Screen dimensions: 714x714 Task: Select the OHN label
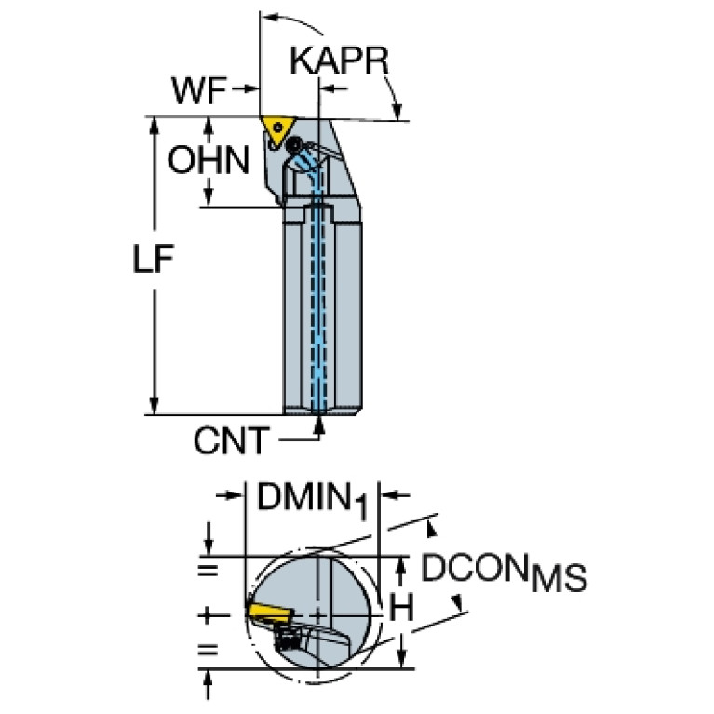pos(208,160)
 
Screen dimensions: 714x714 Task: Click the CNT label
pos(232,440)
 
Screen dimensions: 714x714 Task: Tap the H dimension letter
pos(400,610)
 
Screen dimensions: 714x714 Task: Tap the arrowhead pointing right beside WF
pos(250,89)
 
